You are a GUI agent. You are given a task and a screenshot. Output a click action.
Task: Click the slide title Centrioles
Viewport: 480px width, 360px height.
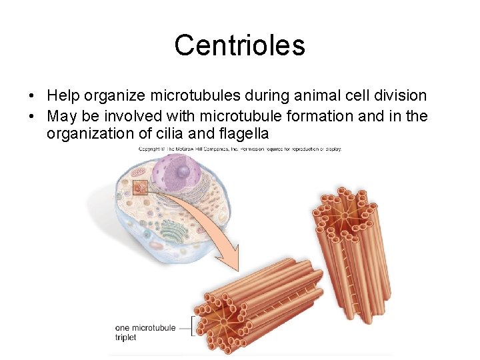tap(239, 45)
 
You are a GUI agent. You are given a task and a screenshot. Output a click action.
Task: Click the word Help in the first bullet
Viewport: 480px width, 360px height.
tap(63, 97)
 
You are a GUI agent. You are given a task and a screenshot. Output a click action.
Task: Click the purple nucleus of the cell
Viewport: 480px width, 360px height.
tap(177, 172)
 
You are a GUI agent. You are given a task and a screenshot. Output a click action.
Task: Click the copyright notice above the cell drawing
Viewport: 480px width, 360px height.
tap(240, 149)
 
